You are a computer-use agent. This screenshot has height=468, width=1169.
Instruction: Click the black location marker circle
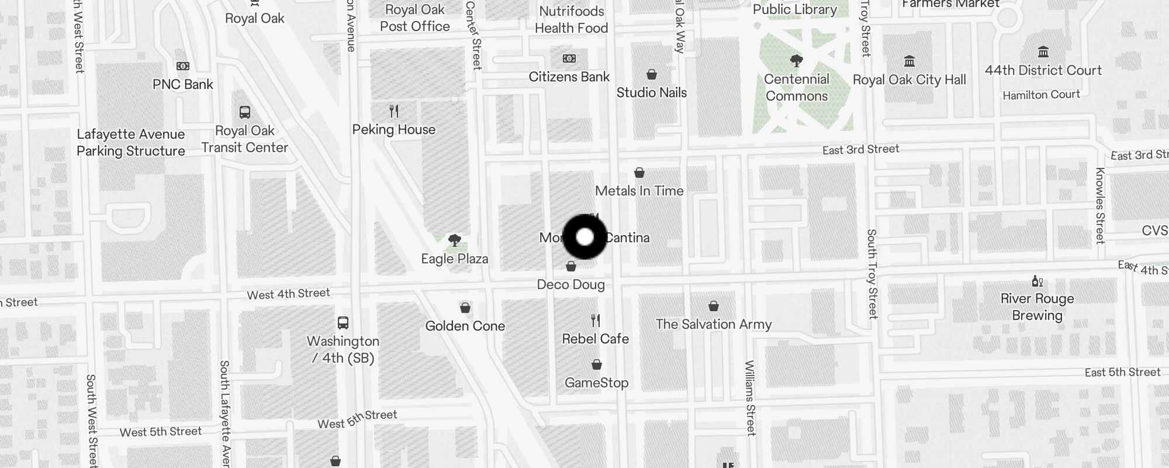[x=584, y=237]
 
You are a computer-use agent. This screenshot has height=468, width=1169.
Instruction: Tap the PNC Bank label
[x=183, y=84]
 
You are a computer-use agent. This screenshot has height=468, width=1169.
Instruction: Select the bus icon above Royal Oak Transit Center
[x=245, y=112]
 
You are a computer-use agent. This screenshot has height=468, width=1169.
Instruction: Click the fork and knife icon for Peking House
[x=394, y=111]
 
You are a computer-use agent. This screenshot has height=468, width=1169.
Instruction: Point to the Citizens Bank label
[x=569, y=77]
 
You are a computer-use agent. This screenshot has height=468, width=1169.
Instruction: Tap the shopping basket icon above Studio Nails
[x=652, y=74]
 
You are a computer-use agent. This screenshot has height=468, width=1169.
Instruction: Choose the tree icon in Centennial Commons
[x=796, y=60]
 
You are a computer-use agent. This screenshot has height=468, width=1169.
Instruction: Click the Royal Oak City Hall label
[x=909, y=80]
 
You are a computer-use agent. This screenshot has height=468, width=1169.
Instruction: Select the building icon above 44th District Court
[x=1043, y=52]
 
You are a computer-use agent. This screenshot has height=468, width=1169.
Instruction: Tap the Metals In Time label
[x=639, y=191]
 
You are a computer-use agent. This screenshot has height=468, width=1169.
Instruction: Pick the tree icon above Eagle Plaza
[x=454, y=240]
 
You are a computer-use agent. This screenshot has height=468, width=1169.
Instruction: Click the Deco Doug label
[x=570, y=284]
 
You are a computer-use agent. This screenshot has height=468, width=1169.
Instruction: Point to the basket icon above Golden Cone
[x=465, y=308]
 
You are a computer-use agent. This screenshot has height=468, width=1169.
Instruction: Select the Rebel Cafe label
[x=595, y=339]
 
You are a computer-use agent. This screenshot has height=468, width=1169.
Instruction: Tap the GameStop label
[x=596, y=383]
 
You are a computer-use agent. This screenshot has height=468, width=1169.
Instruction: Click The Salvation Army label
[x=713, y=324]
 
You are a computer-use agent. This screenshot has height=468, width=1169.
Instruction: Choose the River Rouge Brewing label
[x=1037, y=307]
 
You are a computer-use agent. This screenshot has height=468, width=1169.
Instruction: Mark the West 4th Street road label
[x=288, y=294]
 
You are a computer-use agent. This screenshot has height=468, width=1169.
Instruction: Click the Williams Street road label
[x=750, y=398]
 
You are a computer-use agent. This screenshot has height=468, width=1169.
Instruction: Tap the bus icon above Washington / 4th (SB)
[x=343, y=322]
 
